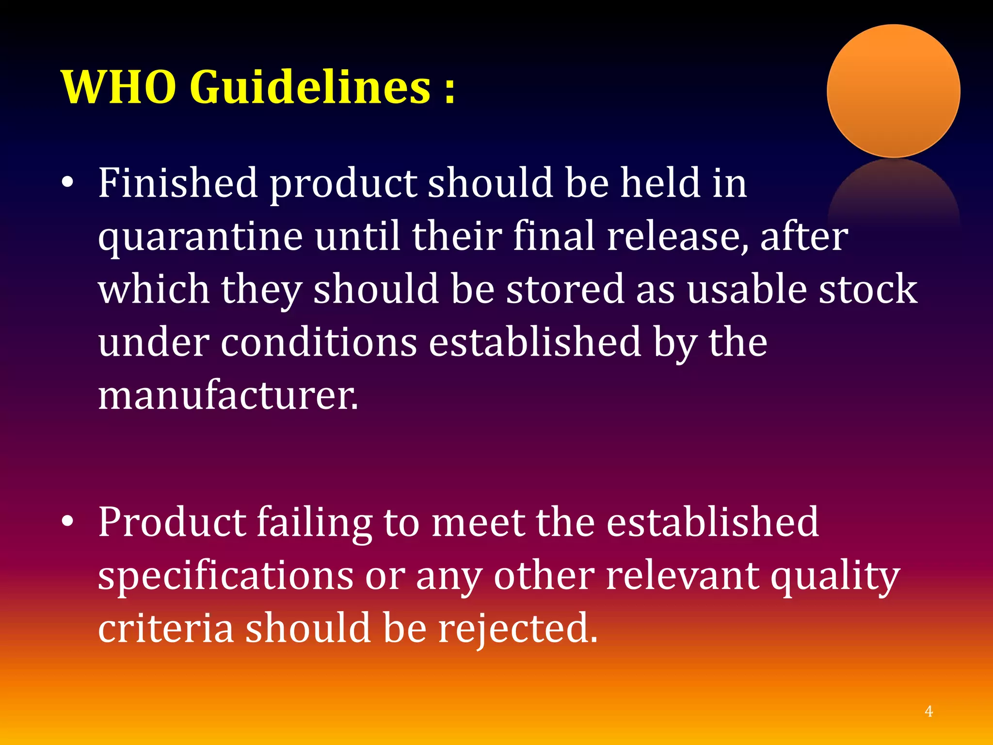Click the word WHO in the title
[119, 87]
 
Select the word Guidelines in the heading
[310, 87]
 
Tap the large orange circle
[893, 91]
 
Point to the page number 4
[929, 712]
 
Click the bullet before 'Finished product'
[68, 183]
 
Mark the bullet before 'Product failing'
[68, 522]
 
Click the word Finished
[178, 183]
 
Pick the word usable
[747, 289]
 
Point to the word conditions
[319, 342]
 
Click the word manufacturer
[228, 396]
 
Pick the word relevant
[683, 576]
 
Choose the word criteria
[166, 629]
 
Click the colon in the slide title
[450, 90]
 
